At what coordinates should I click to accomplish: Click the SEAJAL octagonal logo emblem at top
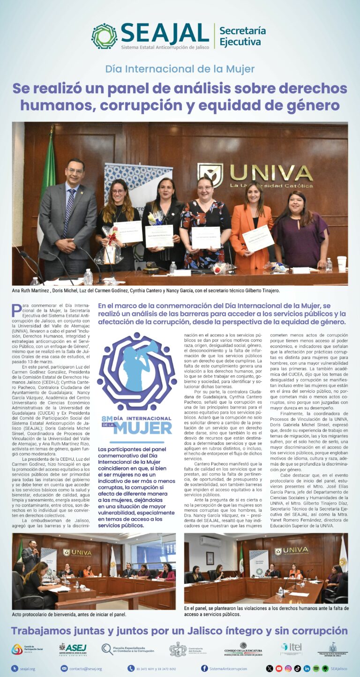pos(104,36)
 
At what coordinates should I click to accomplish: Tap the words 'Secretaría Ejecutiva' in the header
pos(242,36)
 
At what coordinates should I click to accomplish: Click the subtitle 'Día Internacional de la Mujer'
pos(180,69)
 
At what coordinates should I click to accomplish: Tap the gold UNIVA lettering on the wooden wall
pos(270,172)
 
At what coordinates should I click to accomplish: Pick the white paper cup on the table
pos(341,263)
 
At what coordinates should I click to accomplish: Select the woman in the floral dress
pos(205,225)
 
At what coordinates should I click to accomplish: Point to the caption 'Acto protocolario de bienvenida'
pos(69,614)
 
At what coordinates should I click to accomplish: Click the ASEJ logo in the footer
pos(73,649)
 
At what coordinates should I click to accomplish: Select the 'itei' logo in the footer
pos(291,648)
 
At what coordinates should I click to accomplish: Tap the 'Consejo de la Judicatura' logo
pos(243,649)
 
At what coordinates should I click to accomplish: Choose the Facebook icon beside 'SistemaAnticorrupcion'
pos(204,669)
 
